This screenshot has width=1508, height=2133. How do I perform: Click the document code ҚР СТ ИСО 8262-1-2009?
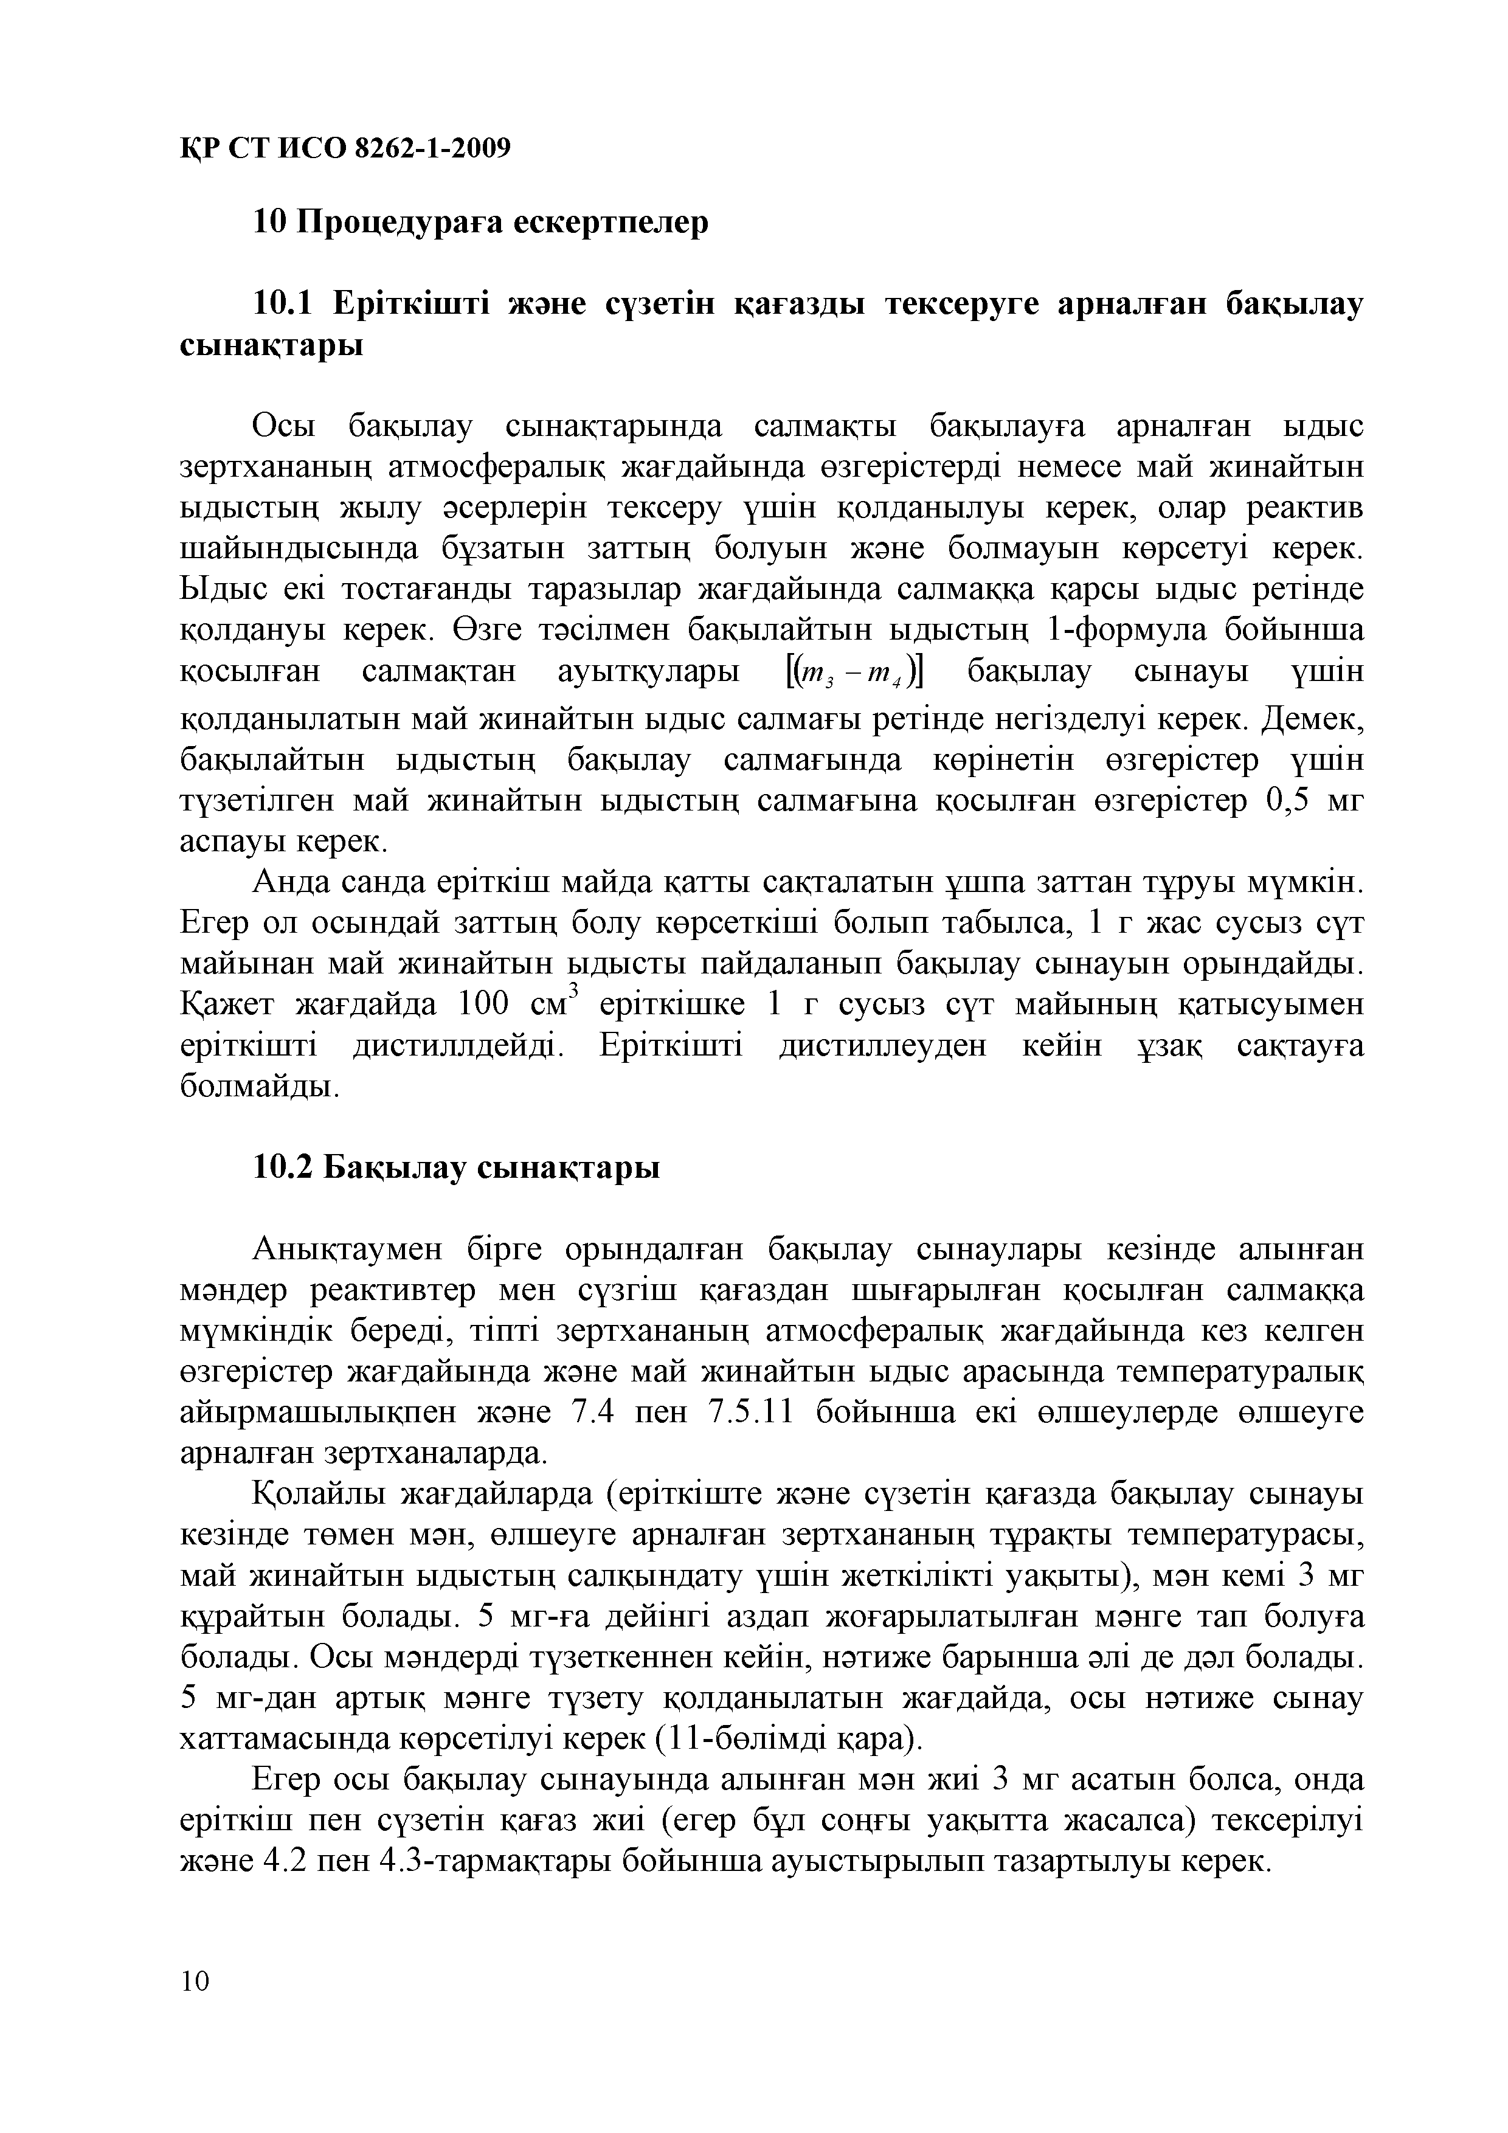(345, 148)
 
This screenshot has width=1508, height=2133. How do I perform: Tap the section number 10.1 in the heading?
(285, 305)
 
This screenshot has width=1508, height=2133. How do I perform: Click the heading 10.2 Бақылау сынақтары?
(456, 1169)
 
